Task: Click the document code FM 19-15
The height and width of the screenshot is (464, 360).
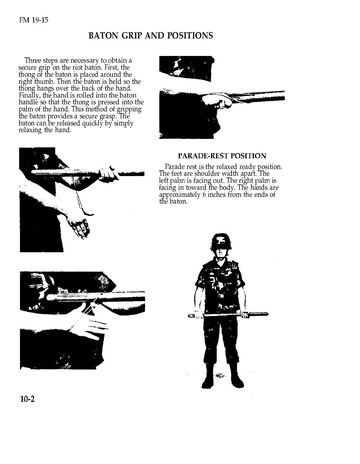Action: [34, 20]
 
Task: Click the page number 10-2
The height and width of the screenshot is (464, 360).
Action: [27, 399]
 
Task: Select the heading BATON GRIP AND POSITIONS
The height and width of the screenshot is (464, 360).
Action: [151, 36]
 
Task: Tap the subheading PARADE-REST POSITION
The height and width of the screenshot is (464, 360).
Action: [222, 156]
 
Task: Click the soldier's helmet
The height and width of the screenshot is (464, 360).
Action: [221, 241]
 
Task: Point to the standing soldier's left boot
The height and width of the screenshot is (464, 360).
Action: [236, 376]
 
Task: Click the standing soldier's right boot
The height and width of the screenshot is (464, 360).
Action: [208, 376]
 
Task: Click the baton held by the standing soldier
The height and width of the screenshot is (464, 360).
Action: [228, 314]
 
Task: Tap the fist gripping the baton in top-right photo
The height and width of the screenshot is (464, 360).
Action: [217, 100]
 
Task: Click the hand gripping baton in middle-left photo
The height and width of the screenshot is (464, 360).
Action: [109, 173]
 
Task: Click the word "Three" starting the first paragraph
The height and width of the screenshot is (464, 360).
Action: [33, 60]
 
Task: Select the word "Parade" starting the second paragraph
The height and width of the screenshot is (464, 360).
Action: [174, 166]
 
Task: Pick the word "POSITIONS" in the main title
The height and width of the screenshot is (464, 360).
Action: [190, 36]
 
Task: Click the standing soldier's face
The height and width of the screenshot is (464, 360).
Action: [221, 252]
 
